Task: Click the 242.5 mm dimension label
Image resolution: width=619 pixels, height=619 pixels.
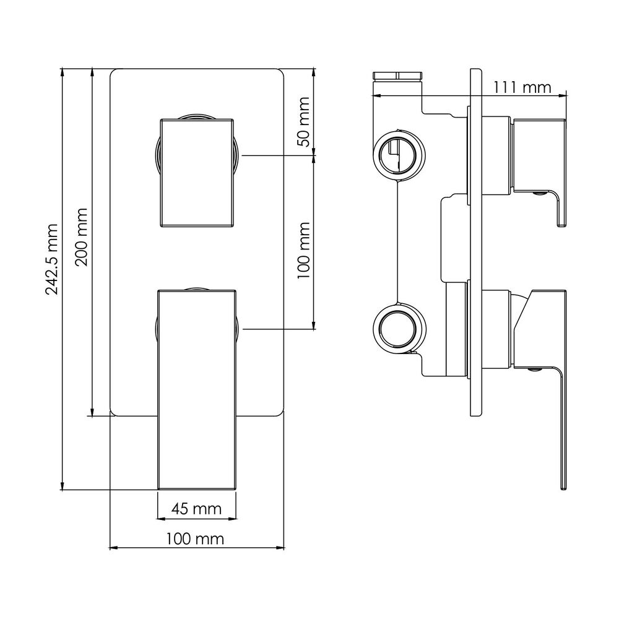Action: coord(52,259)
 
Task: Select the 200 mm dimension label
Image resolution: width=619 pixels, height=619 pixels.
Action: coord(82,237)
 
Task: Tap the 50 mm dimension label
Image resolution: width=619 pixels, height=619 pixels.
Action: coord(303,121)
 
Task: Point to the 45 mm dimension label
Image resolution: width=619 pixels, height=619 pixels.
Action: coord(196,508)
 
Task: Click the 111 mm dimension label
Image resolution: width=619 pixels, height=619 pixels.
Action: coord(522,87)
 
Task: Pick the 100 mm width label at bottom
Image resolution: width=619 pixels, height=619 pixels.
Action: coord(194,539)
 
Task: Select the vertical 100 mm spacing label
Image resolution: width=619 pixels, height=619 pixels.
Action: coord(303,250)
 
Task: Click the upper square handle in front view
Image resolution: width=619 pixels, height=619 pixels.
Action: coord(197,173)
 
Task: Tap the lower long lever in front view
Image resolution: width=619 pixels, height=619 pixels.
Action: coord(197,390)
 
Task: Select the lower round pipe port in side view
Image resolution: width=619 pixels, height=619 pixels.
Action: coord(399,327)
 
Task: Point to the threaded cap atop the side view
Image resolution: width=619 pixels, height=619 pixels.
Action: coord(398,76)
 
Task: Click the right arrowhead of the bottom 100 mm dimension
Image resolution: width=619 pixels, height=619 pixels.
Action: coord(280,548)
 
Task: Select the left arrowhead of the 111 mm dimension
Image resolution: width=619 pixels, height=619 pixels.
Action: coord(377,95)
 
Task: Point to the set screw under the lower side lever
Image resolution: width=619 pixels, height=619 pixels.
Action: coord(535,370)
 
